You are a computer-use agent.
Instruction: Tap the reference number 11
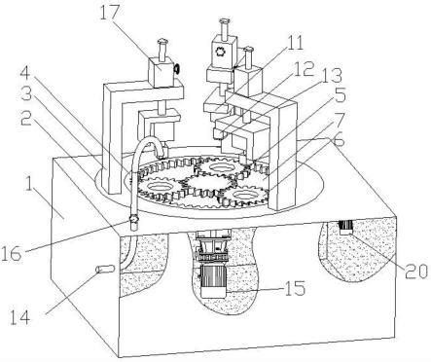(x=294, y=43)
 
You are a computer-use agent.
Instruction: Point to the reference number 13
(x=332, y=76)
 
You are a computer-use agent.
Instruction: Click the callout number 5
(x=341, y=95)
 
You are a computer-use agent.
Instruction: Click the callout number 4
(x=25, y=73)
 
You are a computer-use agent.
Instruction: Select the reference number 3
(x=26, y=95)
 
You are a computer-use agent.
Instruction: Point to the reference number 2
(x=26, y=119)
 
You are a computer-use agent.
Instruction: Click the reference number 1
(x=28, y=183)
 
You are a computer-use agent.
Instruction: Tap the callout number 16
(x=11, y=253)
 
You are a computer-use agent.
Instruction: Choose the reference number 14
(x=20, y=317)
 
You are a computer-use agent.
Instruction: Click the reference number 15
(x=295, y=287)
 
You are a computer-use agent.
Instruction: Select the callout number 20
(x=416, y=271)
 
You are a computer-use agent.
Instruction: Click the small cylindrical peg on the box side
(x=105, y=270)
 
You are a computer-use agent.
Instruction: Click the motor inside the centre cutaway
(x=213, y=280)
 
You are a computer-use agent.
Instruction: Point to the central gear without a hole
(x=208, y=184)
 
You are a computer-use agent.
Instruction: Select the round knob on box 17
(x=177, y=69)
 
